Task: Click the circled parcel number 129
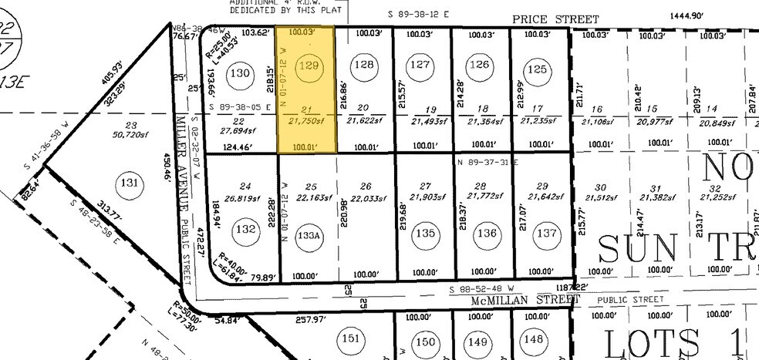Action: pyautogui.click(x=309, y=66)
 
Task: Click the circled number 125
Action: pyautogui.click(x=540, y=69)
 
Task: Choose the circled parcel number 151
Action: pyautogui.click(x=351, y=339)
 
